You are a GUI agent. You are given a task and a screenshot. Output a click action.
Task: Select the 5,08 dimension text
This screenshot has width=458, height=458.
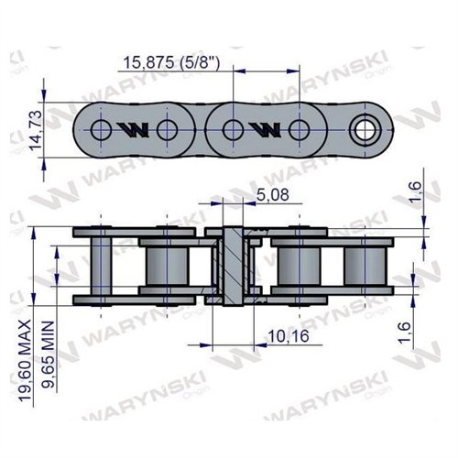point(271,194)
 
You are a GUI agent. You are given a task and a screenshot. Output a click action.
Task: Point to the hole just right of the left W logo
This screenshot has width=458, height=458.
point(166,128)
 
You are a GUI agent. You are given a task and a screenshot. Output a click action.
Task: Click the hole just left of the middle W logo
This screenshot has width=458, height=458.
point(234,128)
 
